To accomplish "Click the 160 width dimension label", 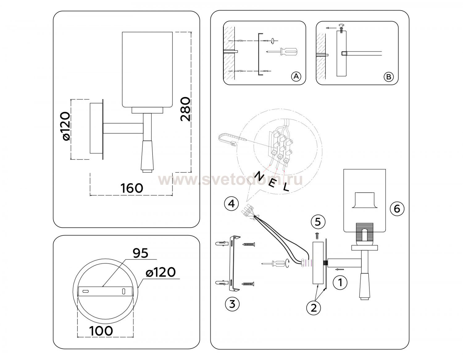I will [131, 188].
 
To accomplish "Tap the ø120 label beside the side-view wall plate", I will [66, 126].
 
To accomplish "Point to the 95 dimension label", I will [140, 253].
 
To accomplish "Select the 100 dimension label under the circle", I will [101, 331].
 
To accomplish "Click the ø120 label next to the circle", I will [161, 272].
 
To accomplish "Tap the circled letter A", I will [296, 76].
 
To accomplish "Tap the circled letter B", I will [388, 77].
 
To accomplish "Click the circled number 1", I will [340, 282].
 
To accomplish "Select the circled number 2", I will [314, 308].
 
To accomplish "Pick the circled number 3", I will [232, 304].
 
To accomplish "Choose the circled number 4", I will [231, 204].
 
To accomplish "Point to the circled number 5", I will [318, 221].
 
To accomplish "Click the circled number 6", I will [397, 209].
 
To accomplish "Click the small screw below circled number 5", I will [318, 236].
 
